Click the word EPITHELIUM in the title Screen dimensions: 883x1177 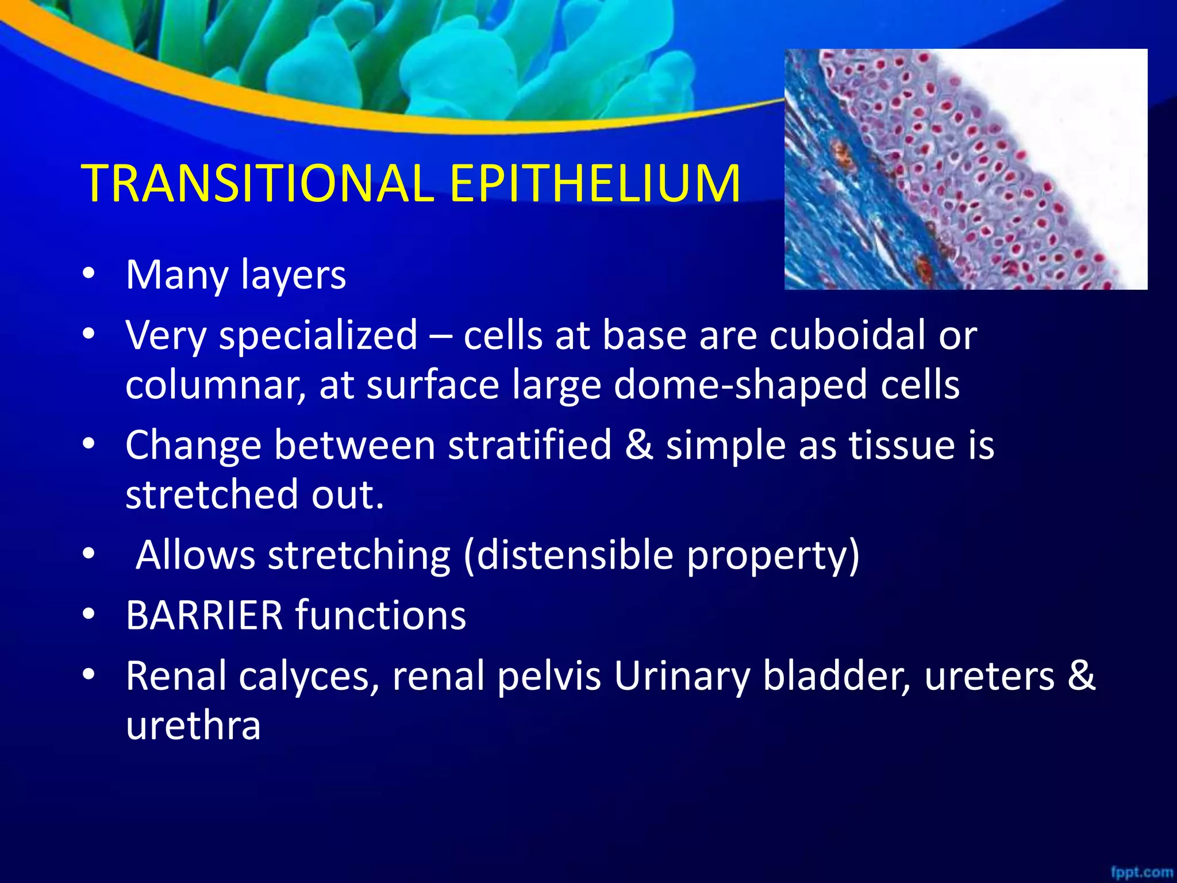pyautogui.click(x=595, y=184)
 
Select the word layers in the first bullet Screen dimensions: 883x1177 pyautogui.click(x=294, y=276)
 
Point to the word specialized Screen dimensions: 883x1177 pyautogui.click(x=318, y=336)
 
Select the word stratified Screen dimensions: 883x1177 pyautogui.click(x=529, y=445)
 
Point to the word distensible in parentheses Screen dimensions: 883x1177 pyautogui.click(x=575, y=555)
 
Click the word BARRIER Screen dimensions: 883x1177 pyautogui.click(x=204, y=615)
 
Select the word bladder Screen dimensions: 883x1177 pyautogui.click(x=836, y=676)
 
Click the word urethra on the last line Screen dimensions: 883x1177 pyautogui.click(x=193, y=725)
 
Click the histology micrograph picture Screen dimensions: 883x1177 pyautogui.click(x=966, y=169)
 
